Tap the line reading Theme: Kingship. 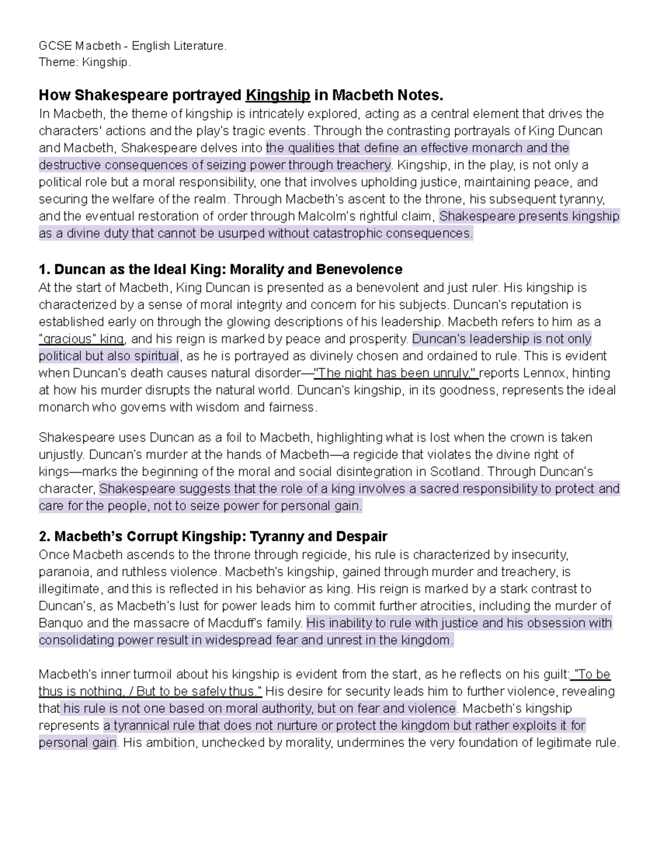coord(85,63)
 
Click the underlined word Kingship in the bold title coord(278,96)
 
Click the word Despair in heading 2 coord(364,537)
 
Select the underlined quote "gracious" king coord(82,339)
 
